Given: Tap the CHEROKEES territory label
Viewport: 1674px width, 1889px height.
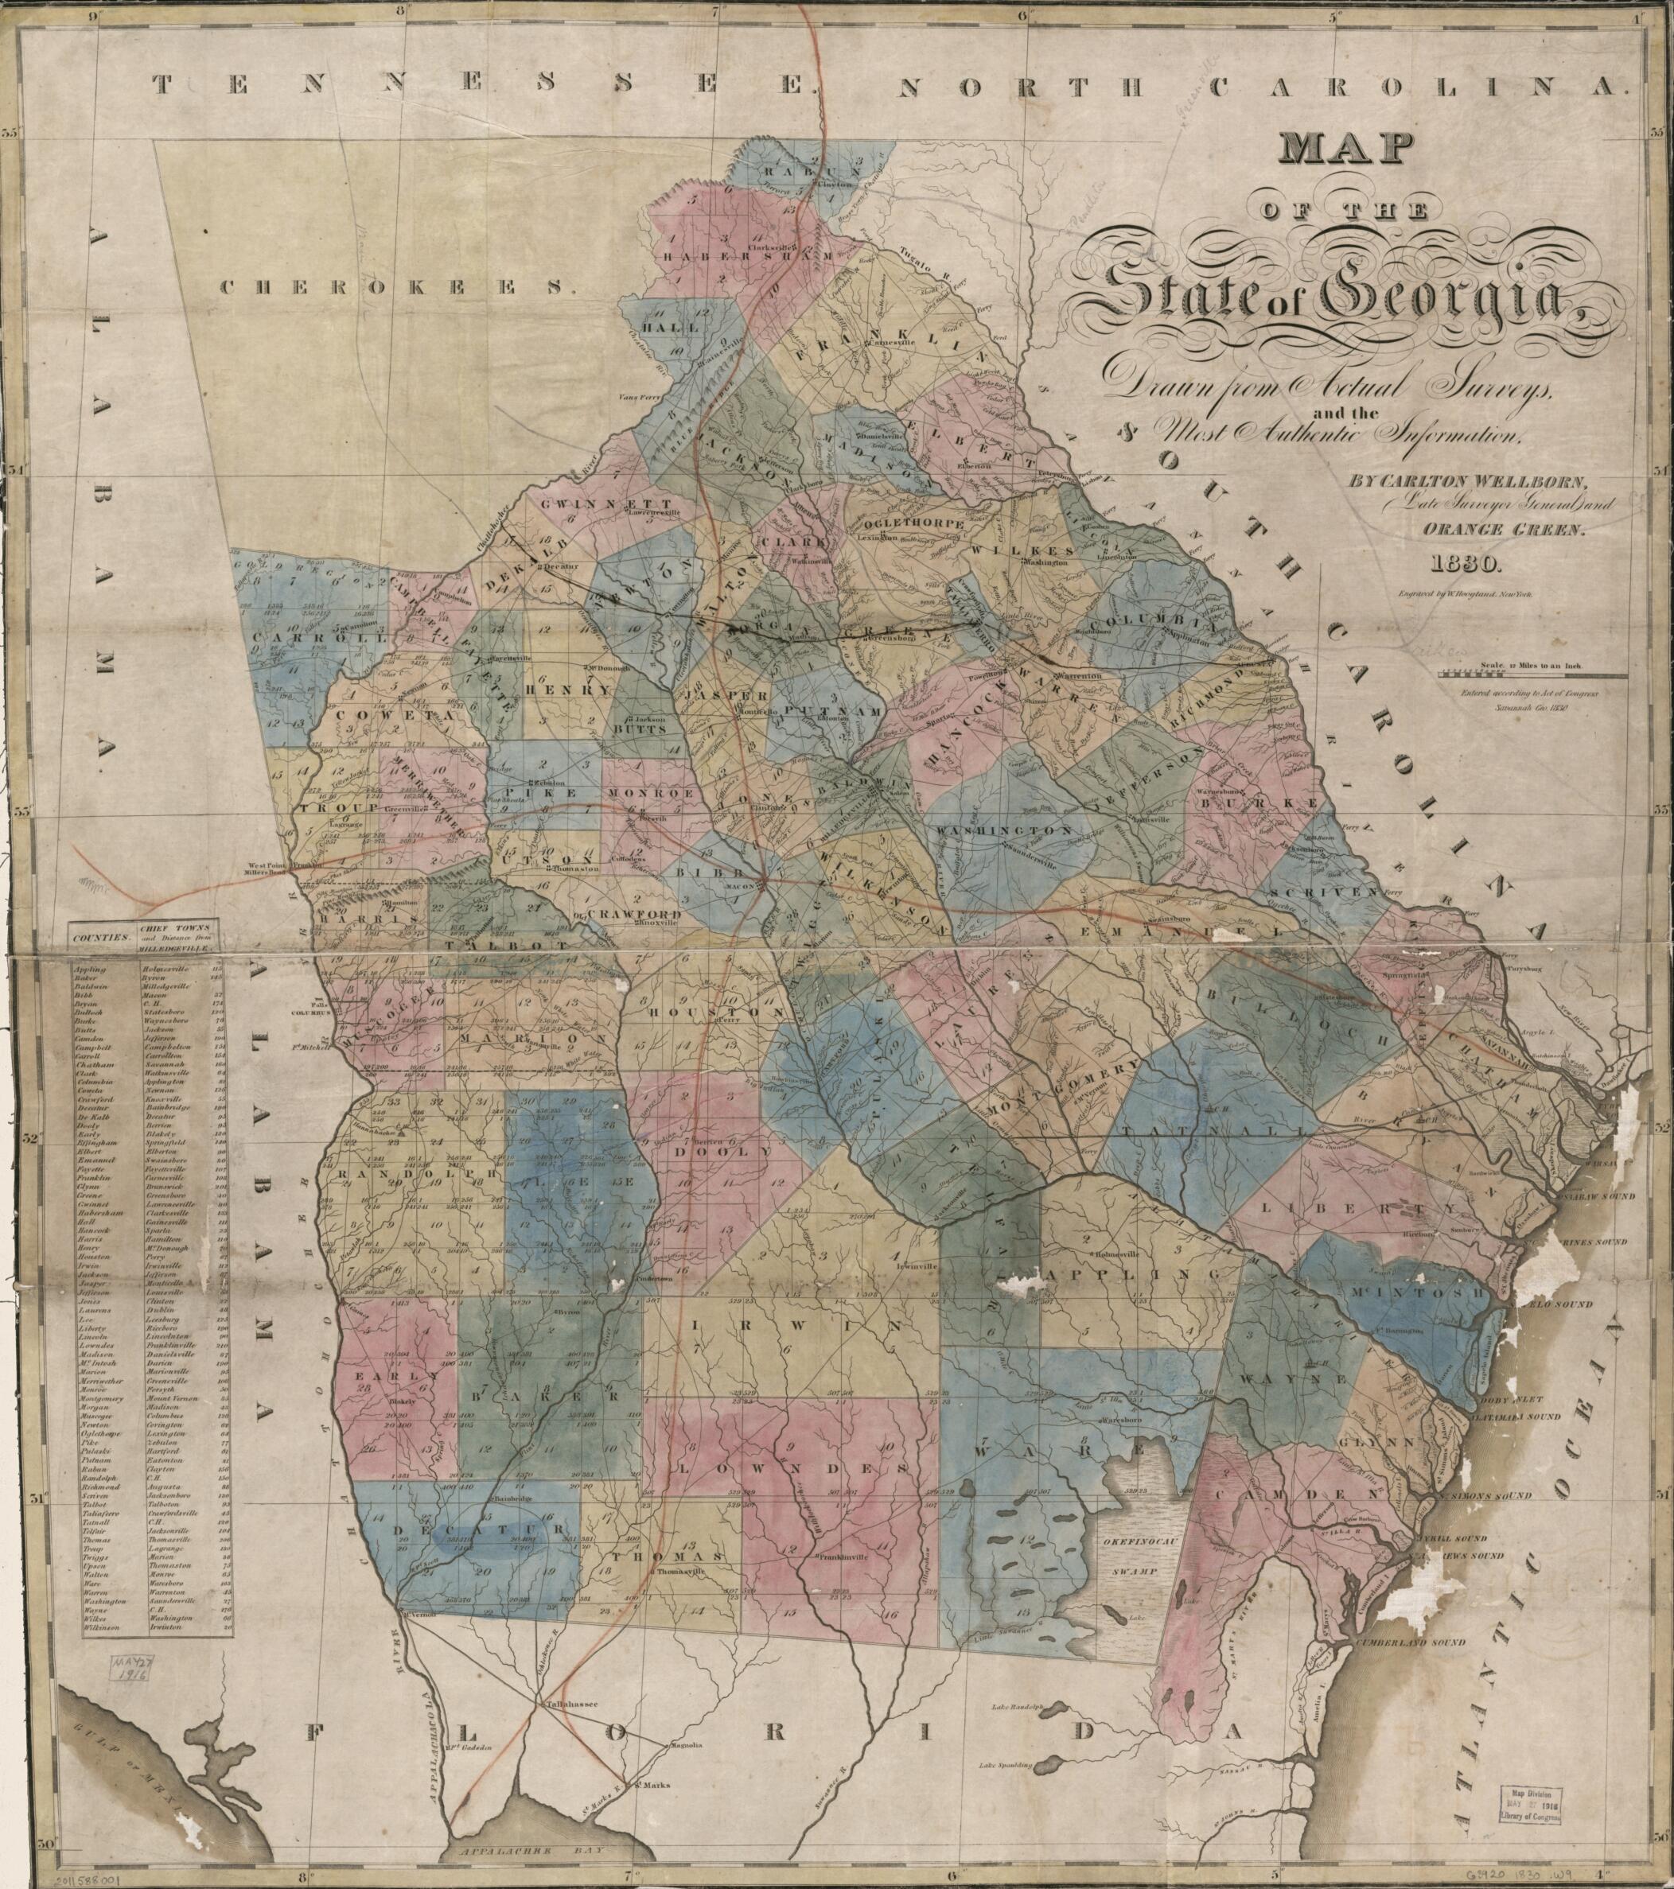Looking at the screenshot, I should tap(391, 287).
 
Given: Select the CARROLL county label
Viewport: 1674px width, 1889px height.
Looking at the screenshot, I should tap(310, 638).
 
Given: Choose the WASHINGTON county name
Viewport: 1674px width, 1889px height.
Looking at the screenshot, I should tap(1005, 832).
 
